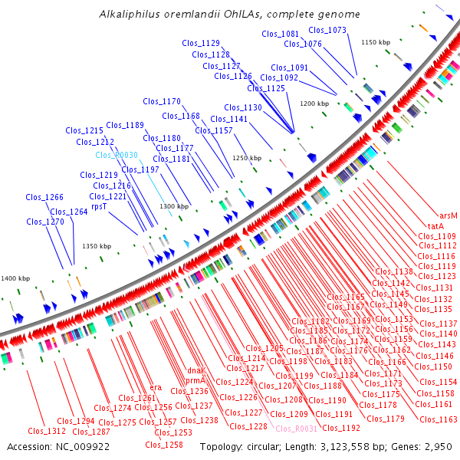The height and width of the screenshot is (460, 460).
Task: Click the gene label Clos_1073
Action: pos(327,30)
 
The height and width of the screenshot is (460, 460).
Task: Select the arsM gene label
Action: pos(449,216)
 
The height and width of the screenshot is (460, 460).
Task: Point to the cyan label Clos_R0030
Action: pos(117,155)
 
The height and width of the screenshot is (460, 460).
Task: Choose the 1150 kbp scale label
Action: pos(376,42)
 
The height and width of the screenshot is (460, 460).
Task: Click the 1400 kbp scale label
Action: pos(15,278)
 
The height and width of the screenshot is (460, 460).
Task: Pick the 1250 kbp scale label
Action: pos(247,158)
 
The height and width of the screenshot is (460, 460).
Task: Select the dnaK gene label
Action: pos(195,371)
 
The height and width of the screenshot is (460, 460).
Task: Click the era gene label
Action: pos(156,388)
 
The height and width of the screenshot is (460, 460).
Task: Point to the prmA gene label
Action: pos(195,381)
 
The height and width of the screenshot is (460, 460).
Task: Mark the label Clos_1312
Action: pos(46,431)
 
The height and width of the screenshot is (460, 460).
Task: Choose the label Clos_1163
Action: pos(438,419)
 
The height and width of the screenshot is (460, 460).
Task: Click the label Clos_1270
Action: pos(45,222)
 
